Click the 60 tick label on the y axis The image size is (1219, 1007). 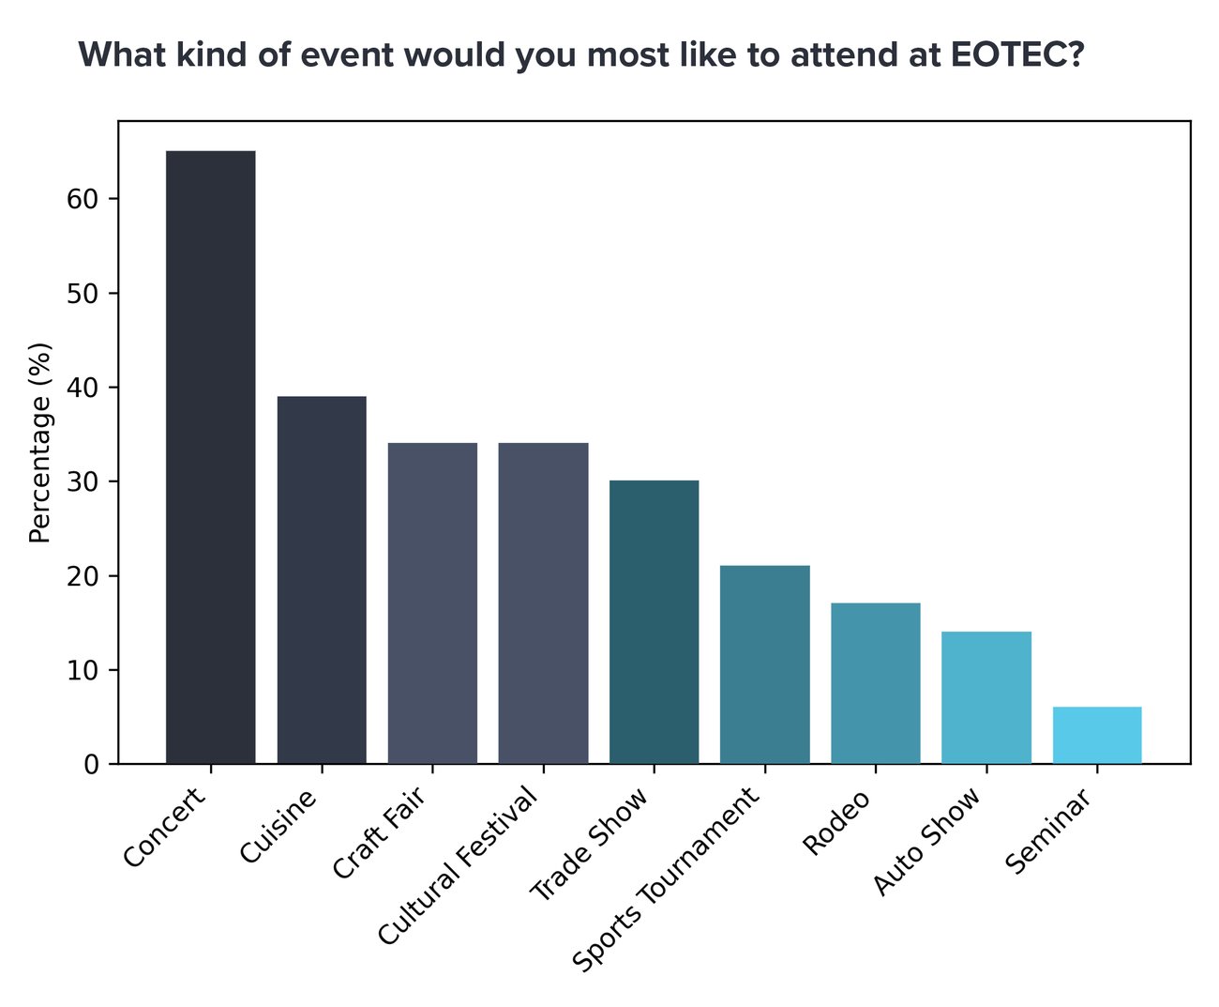tap(83, 199)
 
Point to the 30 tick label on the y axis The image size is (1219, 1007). tap(83, 481)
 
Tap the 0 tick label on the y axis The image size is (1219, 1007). tap(91, 765)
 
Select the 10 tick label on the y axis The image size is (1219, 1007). tap(83, 670)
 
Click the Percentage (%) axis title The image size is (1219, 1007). tap(39, 443)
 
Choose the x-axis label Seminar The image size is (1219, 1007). tap(1048, 831)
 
